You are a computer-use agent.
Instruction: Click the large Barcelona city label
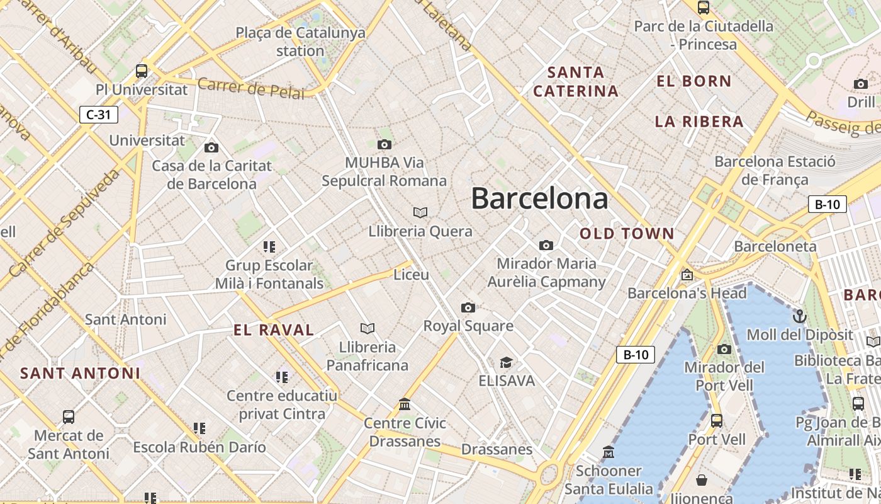click(539, 198)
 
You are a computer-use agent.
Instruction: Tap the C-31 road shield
click(99, 115)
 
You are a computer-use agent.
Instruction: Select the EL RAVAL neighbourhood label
click(274, 330)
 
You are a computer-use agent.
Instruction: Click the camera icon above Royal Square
click(468, 307)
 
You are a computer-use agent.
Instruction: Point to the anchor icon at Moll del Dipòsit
click(800, 316)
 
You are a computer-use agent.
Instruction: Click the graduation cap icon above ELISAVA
click(506, 362)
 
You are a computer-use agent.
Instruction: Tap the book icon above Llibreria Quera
click(420, 213)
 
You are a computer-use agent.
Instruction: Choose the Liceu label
click(411, 275)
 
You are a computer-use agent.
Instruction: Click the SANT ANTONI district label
click(80, 373)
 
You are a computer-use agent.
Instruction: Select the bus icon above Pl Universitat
click(142, 71)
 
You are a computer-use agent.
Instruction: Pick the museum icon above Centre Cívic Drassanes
click(405, 404)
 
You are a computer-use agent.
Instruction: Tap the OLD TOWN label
click(627, 234)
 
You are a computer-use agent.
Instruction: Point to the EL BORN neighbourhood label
click(694, 81)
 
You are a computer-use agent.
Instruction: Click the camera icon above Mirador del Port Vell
click(724, 349)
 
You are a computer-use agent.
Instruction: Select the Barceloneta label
click(775, 246)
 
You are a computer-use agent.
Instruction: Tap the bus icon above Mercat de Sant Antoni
click(69, 416)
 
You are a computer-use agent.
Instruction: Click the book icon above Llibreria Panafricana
click(368, 328)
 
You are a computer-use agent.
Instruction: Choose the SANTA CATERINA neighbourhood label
click(576, 82)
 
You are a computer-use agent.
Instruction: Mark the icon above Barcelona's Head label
click(687, 275)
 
